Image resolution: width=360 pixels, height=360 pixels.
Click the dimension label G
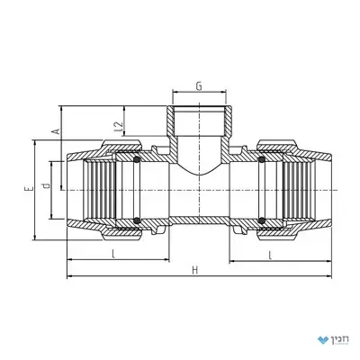pos(199,86)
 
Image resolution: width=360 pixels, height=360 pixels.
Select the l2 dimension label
pos(120,127)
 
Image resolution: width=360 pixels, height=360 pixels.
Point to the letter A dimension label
pos(56,131)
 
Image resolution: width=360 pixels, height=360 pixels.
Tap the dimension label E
pos(29,189)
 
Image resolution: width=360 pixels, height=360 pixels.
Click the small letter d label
pos(46,185)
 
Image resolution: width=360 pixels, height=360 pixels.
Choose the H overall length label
pos(195,270)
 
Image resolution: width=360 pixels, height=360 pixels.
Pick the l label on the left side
pos(113,254)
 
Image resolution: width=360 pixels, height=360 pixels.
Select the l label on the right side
pos(270,256)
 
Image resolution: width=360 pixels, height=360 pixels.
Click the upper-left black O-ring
pos(137,160)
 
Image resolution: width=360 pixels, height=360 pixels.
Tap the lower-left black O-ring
pos(137,220)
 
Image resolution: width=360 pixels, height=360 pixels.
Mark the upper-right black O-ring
pos(261,160)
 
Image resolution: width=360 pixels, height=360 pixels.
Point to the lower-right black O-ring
pos(261,220)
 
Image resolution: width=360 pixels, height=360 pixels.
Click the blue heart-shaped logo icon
pos(323,340)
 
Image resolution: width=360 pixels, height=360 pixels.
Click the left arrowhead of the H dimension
pos(69,275)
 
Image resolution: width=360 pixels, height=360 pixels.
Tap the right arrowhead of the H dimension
pos(329,275)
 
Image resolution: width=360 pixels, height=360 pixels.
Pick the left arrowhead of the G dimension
pos(175,93)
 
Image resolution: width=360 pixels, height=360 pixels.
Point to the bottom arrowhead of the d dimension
pos(52,216)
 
